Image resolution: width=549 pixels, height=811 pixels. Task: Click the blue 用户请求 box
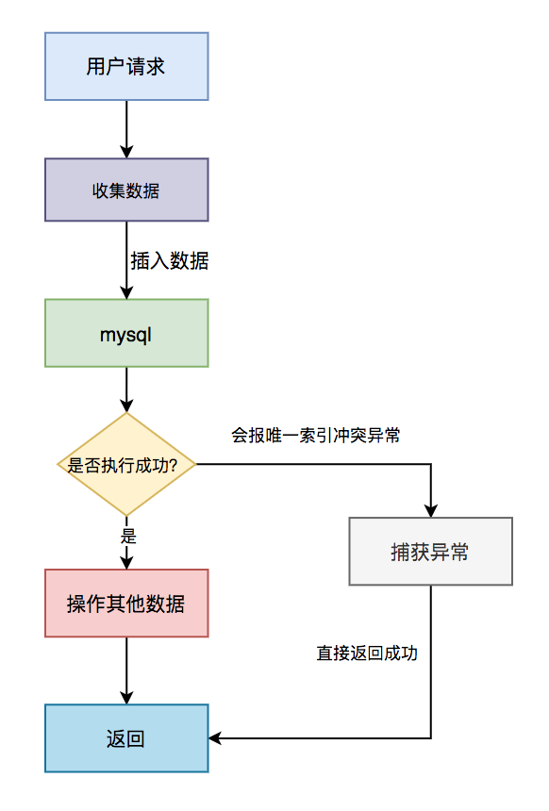(x=126, y=66)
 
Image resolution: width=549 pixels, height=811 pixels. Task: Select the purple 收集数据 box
(x=126, y=190)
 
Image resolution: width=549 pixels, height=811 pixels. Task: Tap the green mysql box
(x=126, y=333)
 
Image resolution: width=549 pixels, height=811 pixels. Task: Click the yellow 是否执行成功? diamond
(x=126, y=464)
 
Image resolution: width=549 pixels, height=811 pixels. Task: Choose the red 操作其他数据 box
(x=126, y=604)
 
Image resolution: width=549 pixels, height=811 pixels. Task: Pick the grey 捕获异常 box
(x=430, y=552)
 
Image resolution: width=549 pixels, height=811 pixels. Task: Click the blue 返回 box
(x=126, y=738)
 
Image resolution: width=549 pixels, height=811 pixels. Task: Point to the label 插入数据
(x=170, y=261)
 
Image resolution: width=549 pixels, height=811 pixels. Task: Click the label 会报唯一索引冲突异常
(x=316, y=436)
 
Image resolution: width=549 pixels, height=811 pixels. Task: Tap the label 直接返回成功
(x=367, y=653)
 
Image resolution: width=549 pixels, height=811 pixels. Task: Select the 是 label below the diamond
(x=129, y=536)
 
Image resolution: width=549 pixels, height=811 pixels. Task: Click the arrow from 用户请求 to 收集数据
(x=126, y=128)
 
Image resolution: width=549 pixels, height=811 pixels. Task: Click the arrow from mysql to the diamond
(x=126, y=389)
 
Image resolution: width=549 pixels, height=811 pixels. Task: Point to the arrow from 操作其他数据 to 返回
(x=126, y=670)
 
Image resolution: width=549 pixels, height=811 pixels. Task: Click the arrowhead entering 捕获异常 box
(x=430, y=510)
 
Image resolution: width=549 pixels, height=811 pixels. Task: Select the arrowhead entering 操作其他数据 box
(x=126, y=562)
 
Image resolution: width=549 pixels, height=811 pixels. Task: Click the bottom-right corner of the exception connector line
(x=430, y=738)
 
